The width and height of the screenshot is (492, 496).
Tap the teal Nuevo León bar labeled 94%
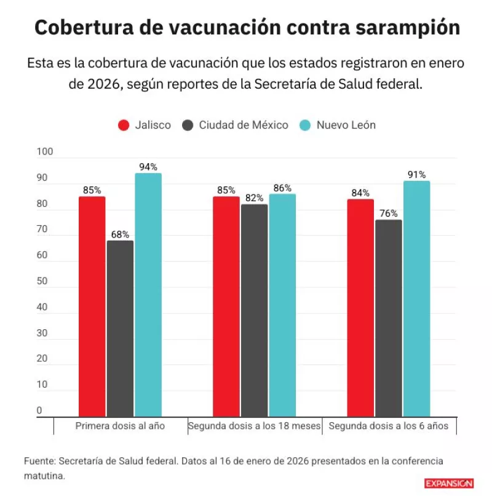pyautogui.click(x=148, y=295)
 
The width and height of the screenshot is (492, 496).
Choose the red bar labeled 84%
pyautogui.click(x=360, y=308)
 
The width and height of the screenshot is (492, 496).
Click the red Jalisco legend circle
pyautogui.click(x=124, y=125)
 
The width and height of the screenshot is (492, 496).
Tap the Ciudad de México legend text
pyautogui.click(x=243, y=125)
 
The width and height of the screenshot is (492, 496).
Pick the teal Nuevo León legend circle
pyautogui.click(x=305, y=125)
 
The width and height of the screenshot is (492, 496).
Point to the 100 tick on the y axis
pyautogui.click(x=46, y=152)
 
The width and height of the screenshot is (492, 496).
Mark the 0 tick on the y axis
pyautogui.click(x=39, y=410)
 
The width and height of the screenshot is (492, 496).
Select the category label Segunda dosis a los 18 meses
pyautogui.click(x=255, y=426)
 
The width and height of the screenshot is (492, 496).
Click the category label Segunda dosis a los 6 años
pyautogui.click(x=389, y=426)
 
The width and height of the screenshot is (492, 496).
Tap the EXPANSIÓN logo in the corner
pyautogui.click(x=448, y=484)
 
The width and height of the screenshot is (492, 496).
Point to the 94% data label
pyautogui.click(x=148, y=167)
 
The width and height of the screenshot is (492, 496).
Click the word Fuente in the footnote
pyautogui.click(x=39, y=461)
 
